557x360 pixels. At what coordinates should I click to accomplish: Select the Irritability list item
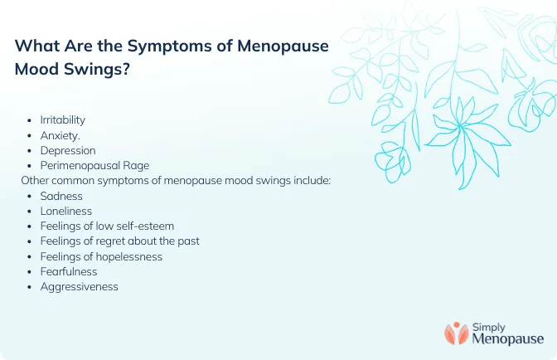tap(63, 120)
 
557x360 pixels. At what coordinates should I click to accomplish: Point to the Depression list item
tap(68, 150)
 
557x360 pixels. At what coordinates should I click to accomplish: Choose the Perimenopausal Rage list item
tap(94, 165)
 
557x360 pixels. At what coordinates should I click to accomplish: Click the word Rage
tap(135, 165)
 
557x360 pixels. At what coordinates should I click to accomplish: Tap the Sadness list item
tap(62, 196)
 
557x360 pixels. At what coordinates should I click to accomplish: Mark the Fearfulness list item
tap(69, 271)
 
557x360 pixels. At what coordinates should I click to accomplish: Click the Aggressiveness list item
tap(80, 286)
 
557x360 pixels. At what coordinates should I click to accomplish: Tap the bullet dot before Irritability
tap(31, 121)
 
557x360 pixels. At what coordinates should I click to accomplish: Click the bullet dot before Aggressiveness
tap(31, 287)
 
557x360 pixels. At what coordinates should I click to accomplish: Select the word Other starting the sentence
tap(35, 180)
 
